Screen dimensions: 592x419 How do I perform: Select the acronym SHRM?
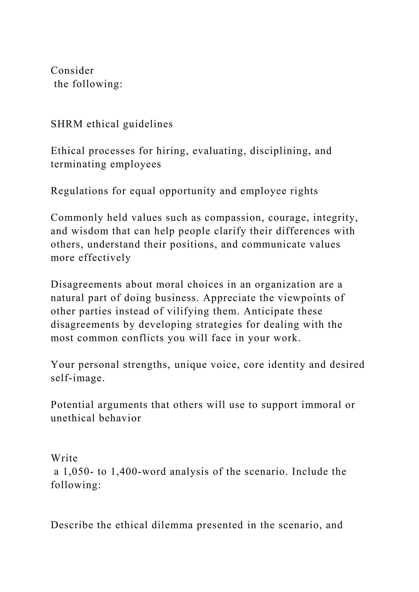pyautogui.click(x=67, y=124)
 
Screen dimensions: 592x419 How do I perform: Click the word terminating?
pyautogui.click(x=78, y=164)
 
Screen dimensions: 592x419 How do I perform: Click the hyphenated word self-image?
pyautogui.click(x=78, y=378)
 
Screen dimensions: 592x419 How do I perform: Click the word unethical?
pyautogui.click(x=73, y=418)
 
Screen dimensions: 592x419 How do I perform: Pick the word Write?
pyautogui.click(x=64, y=458)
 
